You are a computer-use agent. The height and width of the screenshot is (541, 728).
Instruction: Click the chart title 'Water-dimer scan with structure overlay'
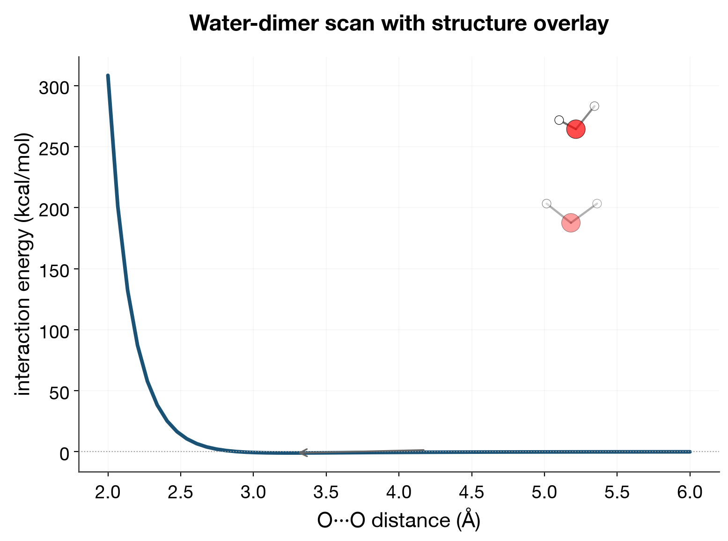tap(399, 23)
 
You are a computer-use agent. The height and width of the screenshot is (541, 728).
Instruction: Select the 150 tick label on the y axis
tap(54, 271)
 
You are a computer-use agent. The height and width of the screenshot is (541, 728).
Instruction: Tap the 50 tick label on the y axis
tap(59, 393)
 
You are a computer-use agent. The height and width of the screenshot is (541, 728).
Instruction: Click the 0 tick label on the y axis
tap(65, 454)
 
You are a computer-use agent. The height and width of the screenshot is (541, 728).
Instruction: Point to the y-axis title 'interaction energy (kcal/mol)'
tap(23, 264)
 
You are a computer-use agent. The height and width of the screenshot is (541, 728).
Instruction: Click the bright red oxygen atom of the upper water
tap(576, 129)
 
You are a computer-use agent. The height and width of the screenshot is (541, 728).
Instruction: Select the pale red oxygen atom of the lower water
tap(571, 222)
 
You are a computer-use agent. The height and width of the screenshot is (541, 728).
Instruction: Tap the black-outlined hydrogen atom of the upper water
tap(559, 120)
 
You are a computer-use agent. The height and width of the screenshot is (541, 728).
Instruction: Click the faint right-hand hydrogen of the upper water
tap(595, 106)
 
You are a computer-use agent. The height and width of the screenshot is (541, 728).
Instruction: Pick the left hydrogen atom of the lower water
tap(546, 203)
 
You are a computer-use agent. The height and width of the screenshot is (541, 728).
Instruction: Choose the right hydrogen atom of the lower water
tap(597, 204)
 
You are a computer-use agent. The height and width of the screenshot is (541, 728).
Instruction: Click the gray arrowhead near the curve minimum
tap(302, 452)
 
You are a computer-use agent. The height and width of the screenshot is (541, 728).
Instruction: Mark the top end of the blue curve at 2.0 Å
tap(108, 75)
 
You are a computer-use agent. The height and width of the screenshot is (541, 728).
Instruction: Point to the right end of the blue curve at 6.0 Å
tap(690, 452)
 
